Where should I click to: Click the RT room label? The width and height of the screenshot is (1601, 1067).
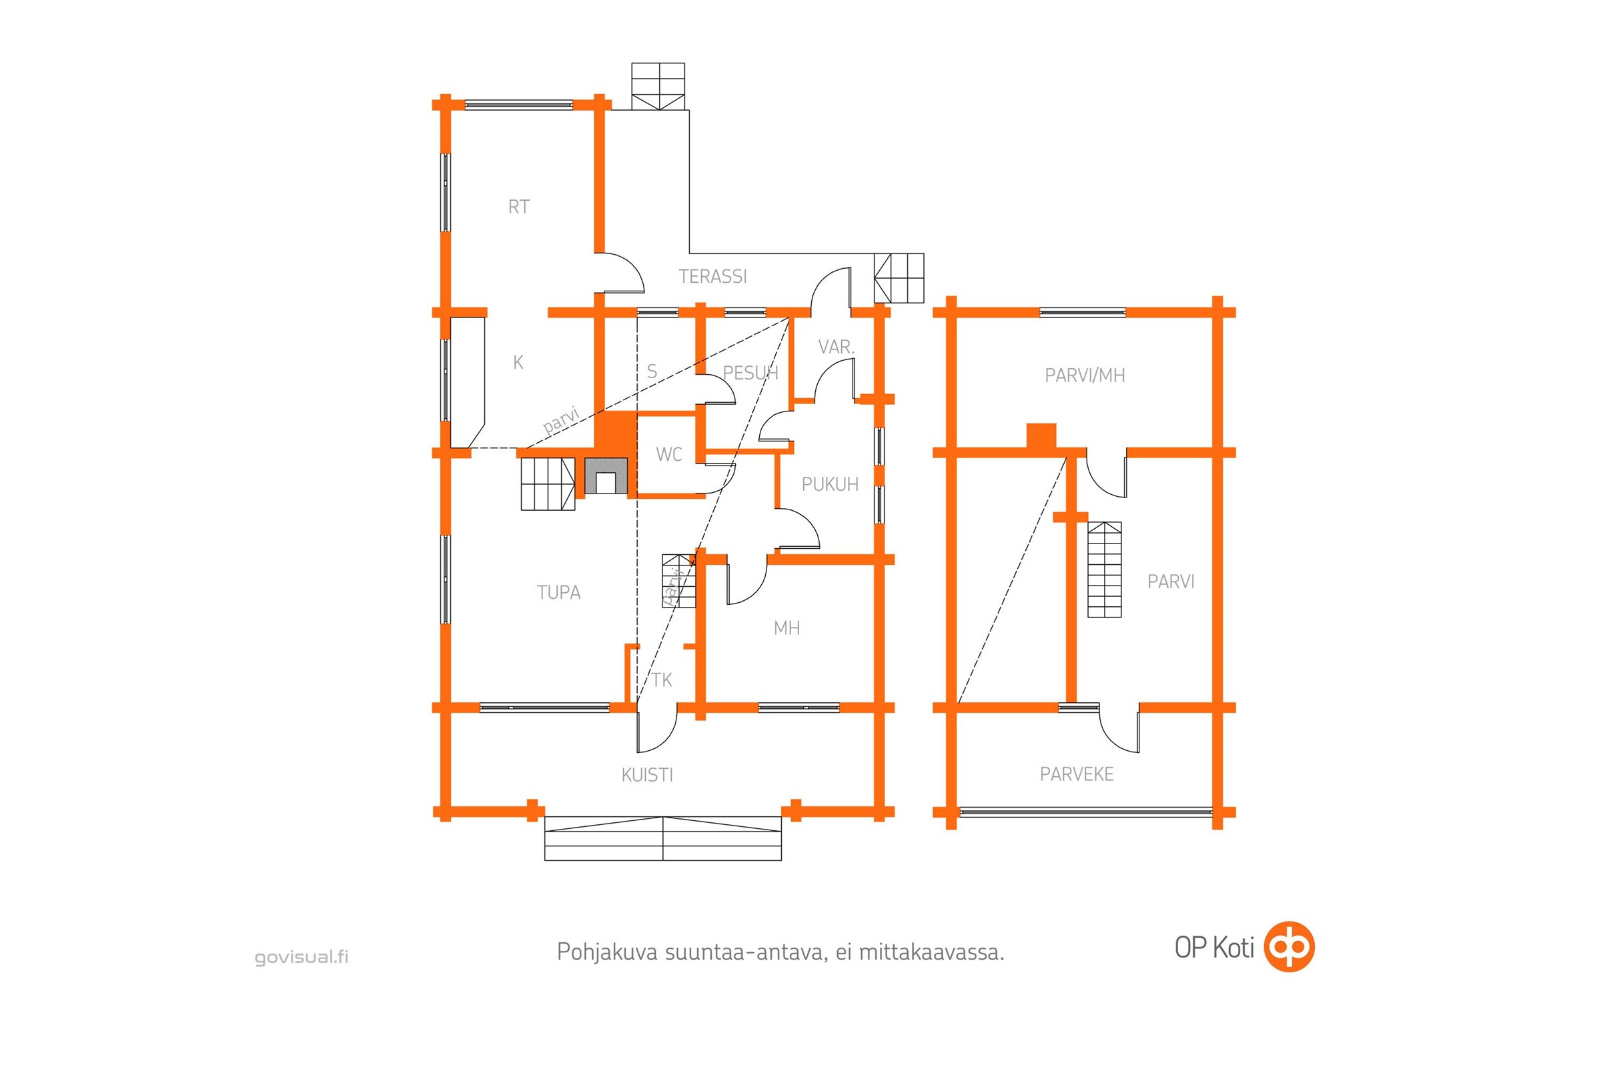point(519,207)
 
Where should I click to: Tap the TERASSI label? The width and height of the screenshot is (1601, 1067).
point(712,276)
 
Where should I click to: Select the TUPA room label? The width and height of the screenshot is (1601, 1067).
point(559,593)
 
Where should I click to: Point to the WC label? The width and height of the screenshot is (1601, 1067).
point(669,455)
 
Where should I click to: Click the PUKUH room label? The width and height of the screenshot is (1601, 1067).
point(830,485)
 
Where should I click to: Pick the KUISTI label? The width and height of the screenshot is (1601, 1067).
point(647,775)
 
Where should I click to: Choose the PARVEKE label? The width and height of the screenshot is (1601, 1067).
point(1077,774)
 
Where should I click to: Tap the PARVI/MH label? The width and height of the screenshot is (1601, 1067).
point(1085,375)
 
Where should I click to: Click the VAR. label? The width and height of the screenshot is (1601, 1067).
point(836,347)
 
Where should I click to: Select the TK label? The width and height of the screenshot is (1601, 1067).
point(662,680)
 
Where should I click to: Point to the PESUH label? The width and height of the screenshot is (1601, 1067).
point(750,373)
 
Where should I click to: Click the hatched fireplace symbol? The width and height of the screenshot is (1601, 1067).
point(606,475)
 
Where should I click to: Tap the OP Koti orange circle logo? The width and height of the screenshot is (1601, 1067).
point(1289,946)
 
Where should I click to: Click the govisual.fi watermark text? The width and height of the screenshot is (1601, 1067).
point(302,958)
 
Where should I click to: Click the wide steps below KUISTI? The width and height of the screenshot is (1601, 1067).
point(663,838)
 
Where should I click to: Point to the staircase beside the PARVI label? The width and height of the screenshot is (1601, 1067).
point(1104,570)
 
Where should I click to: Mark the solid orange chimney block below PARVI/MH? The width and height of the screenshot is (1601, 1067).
point(1041,436)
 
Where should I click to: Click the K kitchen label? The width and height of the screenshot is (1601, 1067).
point(518,363)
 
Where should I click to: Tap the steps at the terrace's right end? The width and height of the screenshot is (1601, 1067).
point(899,277)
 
